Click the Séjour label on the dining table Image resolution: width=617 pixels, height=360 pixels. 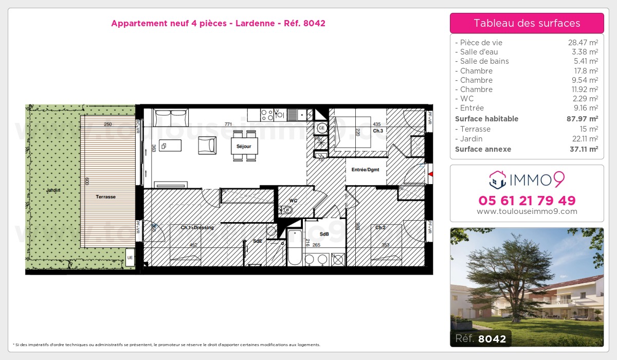[x=244, y=147]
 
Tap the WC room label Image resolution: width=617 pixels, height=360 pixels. [x=294, y=201]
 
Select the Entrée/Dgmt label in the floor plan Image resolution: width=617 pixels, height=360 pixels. [x=365, y=170]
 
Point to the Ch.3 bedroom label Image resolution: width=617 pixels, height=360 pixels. [x=378, y=131]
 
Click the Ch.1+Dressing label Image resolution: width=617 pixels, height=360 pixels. [x=197, y=227]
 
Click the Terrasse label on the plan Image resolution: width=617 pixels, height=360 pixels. [x=105, y=196]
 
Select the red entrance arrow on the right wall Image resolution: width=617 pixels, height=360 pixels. [x=430, y=175]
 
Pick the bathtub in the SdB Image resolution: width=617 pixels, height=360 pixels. [x=295, y=247]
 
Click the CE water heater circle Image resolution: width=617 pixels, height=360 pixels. [x=322, y=128]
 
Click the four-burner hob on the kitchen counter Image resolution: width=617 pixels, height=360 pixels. [x=267, y=114]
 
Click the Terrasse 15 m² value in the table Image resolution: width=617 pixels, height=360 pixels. [x=589, y=129]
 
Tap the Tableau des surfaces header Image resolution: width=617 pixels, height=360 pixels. [x=527, y=23]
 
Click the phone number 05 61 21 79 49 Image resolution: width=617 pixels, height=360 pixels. [x=527, y=201]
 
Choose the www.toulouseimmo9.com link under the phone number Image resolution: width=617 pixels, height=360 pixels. [x=527, y=211]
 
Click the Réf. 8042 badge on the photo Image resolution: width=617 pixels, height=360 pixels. [x=481, y=338]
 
